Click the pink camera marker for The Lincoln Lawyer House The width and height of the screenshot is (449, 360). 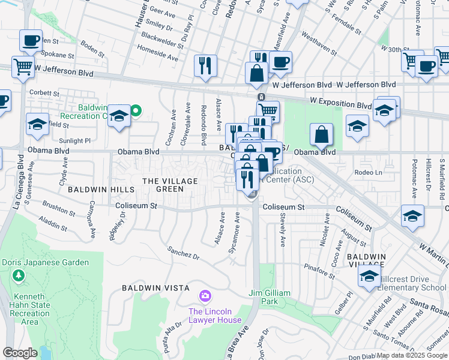(x=205, y=296)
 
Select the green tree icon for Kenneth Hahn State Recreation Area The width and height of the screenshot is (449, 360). (x=19, y=275)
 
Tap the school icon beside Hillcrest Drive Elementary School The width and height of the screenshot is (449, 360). (x=369, y=276)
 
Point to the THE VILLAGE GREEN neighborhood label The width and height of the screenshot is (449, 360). (x=163, y=185)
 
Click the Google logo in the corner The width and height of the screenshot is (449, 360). (x=20, y=352)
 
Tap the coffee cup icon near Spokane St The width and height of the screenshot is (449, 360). (x=31, y=41)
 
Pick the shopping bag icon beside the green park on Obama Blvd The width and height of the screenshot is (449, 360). (x=321, y=134)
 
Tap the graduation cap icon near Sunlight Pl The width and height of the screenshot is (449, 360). (x=38, y=124)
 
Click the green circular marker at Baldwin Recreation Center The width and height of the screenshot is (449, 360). (x=136, y=110)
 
